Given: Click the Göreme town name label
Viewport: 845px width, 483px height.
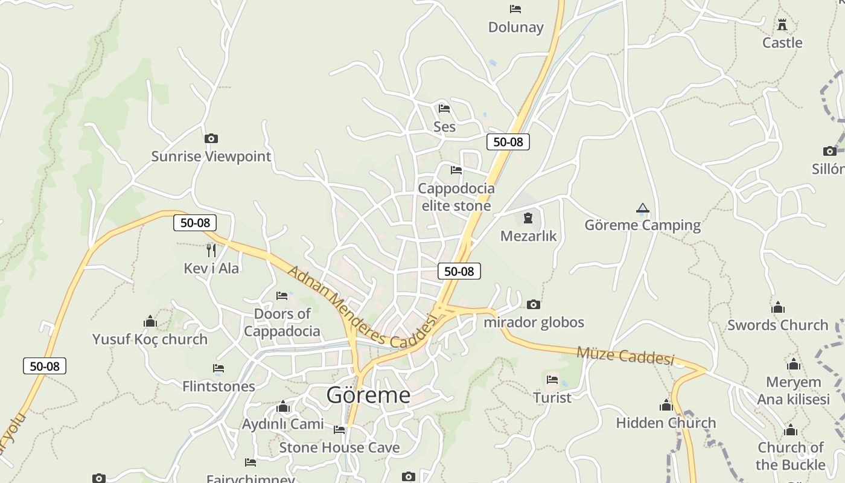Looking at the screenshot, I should click(368, 395).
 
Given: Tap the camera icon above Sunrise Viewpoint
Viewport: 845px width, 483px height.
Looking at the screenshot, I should click(211, 138).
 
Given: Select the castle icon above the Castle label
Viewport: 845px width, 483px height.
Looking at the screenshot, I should click(782, 25).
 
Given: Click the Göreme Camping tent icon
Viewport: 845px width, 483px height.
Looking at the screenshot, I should click(643, 209).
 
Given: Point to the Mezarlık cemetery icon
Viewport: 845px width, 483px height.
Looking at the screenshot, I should click(528, 218).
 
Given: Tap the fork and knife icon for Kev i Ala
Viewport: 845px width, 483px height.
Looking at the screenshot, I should click(211, 249).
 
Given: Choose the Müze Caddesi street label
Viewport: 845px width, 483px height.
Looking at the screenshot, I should click(625, 355).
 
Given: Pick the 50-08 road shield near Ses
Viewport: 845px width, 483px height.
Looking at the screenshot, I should click(508, 142).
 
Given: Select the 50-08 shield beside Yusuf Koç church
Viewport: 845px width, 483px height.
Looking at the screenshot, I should click(45, 366).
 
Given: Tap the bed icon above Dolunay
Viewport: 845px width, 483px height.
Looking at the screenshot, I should click(515, 9).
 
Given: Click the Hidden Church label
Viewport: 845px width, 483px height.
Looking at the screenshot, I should click(666, 423).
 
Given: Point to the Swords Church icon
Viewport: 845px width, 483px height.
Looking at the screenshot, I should click(778, 307).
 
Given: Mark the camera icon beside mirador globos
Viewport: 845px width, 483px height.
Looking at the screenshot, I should click(533, 304).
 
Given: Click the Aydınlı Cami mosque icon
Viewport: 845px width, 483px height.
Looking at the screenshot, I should click(283, 407).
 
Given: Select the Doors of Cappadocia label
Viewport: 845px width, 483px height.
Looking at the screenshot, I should click(282, 322).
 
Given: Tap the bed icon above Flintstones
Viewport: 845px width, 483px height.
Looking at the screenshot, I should click(218, 368).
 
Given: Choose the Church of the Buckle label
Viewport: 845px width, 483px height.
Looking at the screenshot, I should click(790, 456).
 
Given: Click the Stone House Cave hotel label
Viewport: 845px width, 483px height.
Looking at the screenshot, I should click(339, 447).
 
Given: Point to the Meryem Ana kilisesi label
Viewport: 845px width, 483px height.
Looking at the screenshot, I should click(793, 391).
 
